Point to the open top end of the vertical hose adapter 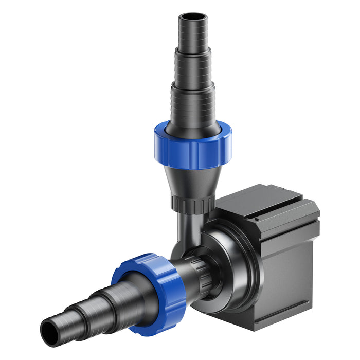[192, 17]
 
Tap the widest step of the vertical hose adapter [192, 105]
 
